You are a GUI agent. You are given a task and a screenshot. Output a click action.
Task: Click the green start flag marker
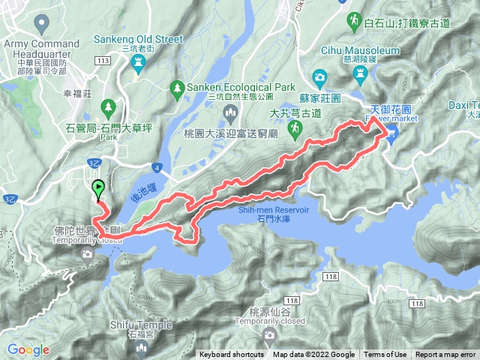97,188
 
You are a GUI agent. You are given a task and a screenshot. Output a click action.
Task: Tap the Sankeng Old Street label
133,38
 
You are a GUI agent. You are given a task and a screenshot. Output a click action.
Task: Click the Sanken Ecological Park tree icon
177,86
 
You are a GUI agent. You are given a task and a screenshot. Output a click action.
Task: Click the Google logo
28,349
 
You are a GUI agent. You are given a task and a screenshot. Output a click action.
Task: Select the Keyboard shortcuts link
231,355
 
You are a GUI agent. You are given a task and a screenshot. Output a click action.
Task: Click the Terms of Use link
385,355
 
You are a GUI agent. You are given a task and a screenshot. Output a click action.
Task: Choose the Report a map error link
445,355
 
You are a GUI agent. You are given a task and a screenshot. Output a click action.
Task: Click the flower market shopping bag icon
392,133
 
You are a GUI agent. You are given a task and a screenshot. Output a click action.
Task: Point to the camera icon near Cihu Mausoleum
320,76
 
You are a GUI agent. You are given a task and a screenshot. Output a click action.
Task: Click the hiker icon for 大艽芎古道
296,128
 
